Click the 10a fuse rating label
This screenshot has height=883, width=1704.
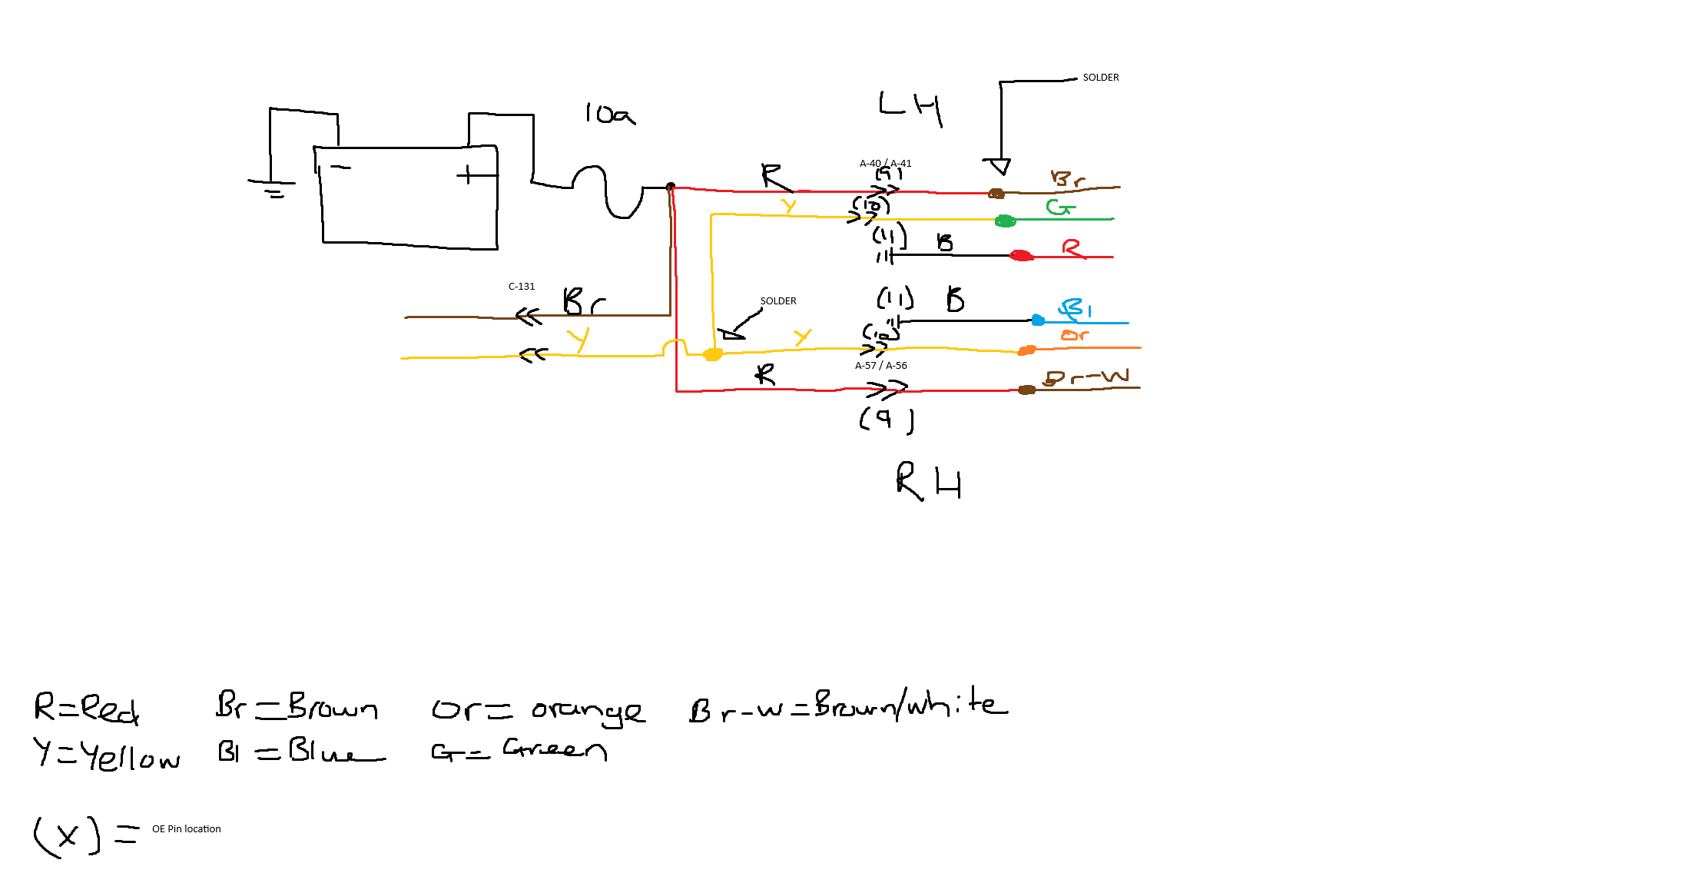coord(610,115)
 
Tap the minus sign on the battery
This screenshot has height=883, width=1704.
coord(340,167)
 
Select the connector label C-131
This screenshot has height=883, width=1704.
coord(522,287)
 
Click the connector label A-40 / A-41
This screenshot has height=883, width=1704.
coord(885,163)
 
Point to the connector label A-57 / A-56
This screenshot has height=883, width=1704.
coord(880,366)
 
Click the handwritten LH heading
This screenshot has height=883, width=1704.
coord(910,107)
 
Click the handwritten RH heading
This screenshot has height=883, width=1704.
coord(928,482)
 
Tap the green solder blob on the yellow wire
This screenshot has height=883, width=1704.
coord(1005,221)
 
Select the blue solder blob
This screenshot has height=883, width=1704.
coord(1038,320)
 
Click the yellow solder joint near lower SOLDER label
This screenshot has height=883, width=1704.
coord(713,354)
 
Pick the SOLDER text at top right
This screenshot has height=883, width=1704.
coord(1100,78)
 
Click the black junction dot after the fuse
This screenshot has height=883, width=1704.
coord(671,187)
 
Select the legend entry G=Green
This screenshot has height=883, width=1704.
coord(519,749)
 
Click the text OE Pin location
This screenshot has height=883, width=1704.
coord(186,829)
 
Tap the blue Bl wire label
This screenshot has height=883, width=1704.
coord(1075,308)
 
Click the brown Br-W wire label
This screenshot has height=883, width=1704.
coord(1086,377)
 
